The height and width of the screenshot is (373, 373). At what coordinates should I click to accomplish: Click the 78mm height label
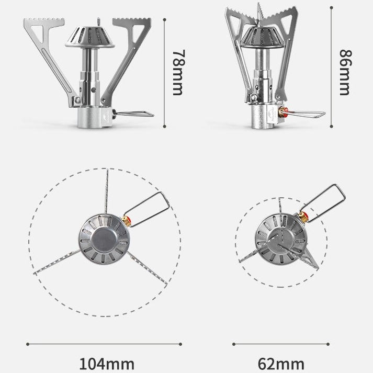[178, 73]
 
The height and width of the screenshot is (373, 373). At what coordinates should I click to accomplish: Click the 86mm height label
[344, 73]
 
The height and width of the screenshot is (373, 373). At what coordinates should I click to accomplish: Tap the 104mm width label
[106, 363]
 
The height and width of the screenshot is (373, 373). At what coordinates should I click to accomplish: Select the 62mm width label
[280, 363]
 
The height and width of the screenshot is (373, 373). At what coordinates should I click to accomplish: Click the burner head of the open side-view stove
[90, 37]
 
